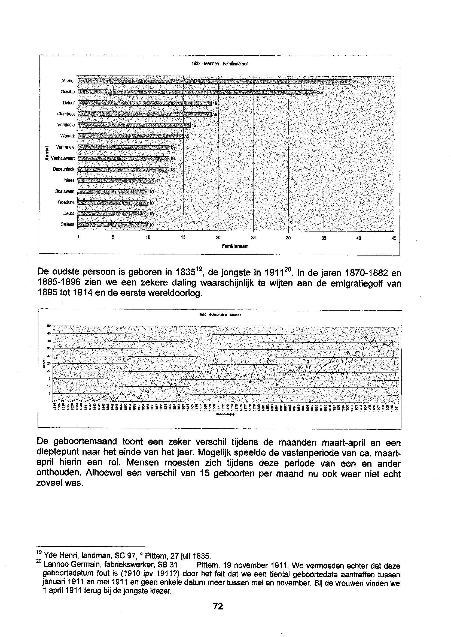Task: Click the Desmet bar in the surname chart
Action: pyautogui.click(x=214, y=82)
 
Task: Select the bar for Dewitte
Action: pyautogui.click(x=197, y=93)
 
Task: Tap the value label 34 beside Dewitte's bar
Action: pyautogui.click(x=321, y=93)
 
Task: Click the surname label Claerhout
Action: pyautogui.click(x=66, y=114)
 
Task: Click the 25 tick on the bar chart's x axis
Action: pyautogui.click(x=253, y=238)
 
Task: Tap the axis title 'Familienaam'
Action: pyautogui.click(x=235, y=246)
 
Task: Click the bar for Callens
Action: pyautogui.click(x=112, y=225)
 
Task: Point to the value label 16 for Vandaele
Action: pyautogui.click(x=194, y=126)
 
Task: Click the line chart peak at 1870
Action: pyautogui.click(x=215, y=355)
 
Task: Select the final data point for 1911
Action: pyautogui.click(x=397, y=386)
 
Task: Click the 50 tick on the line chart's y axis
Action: pyautogui.click(x=49, y=326)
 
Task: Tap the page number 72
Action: pyautogui.click(x=218, y=606)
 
